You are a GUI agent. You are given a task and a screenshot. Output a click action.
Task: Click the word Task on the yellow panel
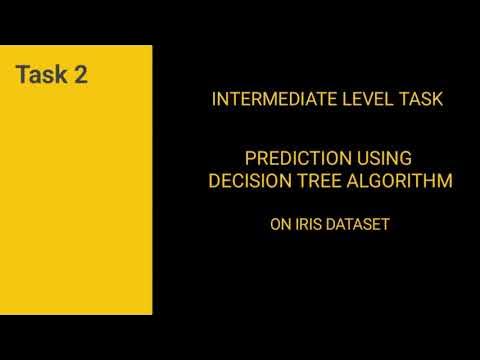pyautogui.click(x=43, y=76)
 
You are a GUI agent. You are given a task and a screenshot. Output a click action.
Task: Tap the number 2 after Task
pyautogui.click(x=80, y=76)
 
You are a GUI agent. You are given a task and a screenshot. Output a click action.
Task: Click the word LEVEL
pyautogui.click(x=356, y=101)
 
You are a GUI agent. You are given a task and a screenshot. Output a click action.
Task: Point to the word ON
pyautogui.click(x=279, y=225)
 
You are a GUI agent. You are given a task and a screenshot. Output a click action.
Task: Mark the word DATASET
pyautogui.click(x=357, y=225)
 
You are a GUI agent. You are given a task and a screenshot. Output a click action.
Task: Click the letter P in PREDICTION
pyautogui.click(x=251, y=158)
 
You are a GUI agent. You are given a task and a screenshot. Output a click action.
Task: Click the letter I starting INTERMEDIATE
pyautogui.click(x=216, y=101)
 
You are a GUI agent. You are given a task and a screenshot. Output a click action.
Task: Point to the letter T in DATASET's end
pyautogui.click(x=385, y=225)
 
